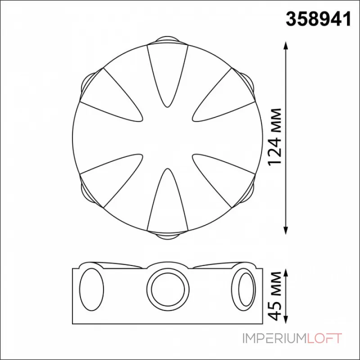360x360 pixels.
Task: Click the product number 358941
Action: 319,19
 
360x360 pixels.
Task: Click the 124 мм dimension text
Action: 275,137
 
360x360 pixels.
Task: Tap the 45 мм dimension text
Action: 275,296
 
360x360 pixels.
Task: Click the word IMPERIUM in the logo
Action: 274,338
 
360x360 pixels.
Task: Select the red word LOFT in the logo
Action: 324,338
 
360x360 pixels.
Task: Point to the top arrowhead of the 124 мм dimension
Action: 286,46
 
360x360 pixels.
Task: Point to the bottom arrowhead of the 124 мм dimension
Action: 286,230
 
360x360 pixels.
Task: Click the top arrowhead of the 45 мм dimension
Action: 286,273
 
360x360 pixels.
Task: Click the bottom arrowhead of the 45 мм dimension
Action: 286,319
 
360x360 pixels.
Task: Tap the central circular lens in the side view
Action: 168,289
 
